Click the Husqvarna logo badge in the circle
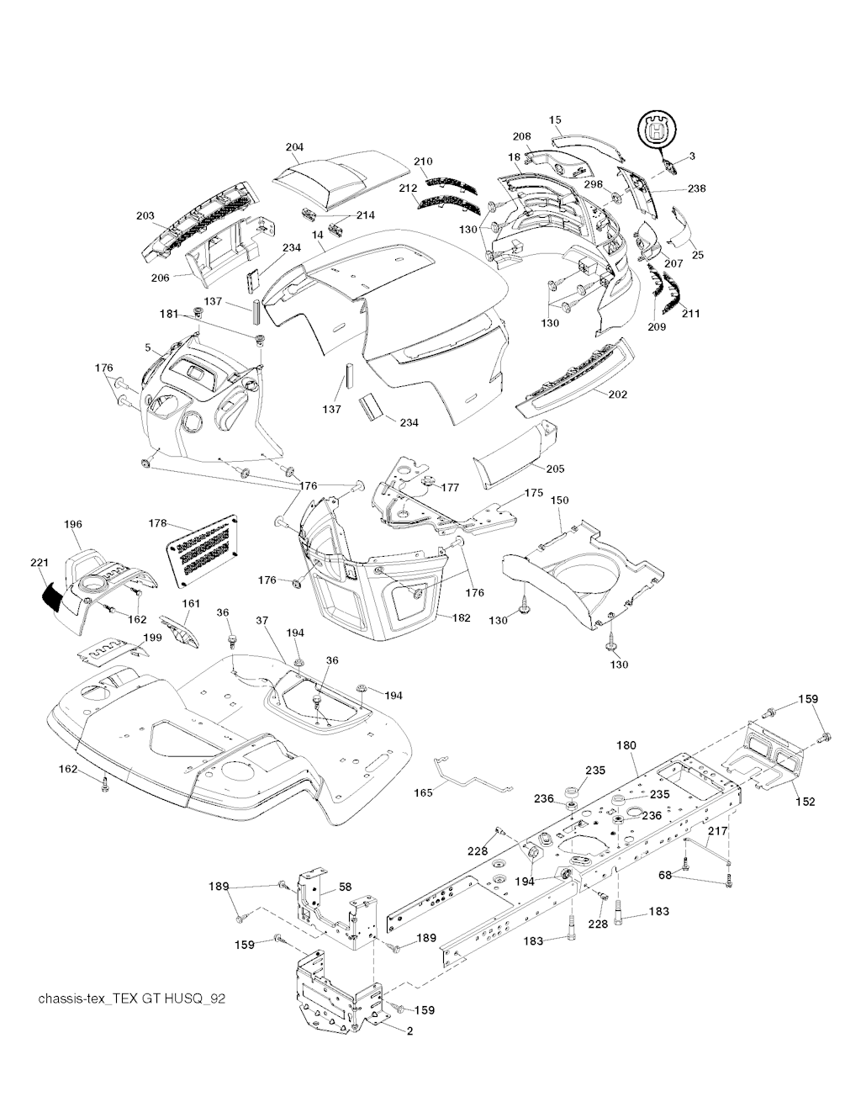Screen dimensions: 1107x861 [655, 131]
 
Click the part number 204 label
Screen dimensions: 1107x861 [293, 147]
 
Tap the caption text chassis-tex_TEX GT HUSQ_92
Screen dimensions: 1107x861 [132, 998]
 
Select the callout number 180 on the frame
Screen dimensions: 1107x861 [626, 745]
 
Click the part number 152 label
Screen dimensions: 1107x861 [805, 802]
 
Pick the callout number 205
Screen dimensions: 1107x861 [554, 469]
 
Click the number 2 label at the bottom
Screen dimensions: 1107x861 [409, 1032]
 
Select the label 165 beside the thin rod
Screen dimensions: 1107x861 [424, 792]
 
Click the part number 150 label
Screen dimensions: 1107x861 [559, 501]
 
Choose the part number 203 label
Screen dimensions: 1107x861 [145, 216]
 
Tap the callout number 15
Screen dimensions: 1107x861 [555, 119]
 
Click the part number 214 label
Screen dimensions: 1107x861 [365, 215]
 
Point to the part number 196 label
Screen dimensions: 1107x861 [73, 524]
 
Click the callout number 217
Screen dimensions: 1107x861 [716, 832]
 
